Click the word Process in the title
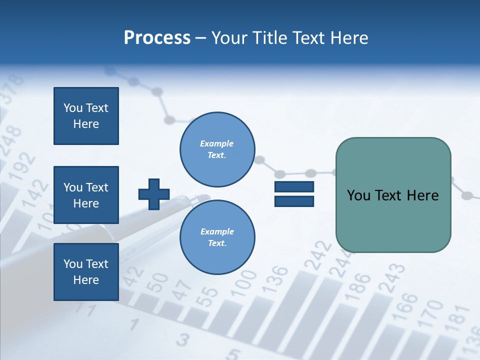(x=157, y=38)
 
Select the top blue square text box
(x=86, y=116)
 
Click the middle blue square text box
(x=86, y=195)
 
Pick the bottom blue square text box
(x=86, y=271)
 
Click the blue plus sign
(x=154, y=194)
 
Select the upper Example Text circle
(x=217, y=149)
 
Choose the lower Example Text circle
(x=217, y=237)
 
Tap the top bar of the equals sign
(x=294, y=187)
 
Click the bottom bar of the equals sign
(x=294, y=201)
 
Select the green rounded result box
(x=393, y=195)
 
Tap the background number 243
(x=392, y=277)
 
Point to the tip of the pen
(x=207, y=196)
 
